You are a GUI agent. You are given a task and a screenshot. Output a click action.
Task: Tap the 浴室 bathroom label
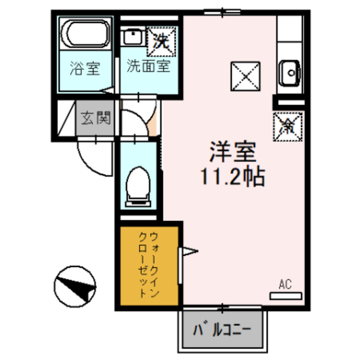click(85, 70)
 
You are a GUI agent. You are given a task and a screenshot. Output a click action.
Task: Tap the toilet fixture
click(137, 184)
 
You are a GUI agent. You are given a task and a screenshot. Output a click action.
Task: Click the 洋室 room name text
click(233, 152)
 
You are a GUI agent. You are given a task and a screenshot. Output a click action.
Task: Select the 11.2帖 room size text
click(231, 178)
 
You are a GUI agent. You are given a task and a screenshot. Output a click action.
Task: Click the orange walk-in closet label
click(149, 264)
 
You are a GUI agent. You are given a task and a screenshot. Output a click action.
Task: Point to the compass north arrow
click(75, 285)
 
